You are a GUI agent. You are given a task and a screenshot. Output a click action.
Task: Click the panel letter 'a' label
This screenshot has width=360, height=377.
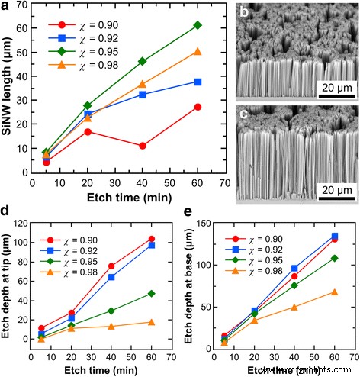click(x=8, y=8)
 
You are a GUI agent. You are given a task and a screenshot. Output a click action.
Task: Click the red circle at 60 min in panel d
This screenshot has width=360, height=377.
click(x=151, y=240)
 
